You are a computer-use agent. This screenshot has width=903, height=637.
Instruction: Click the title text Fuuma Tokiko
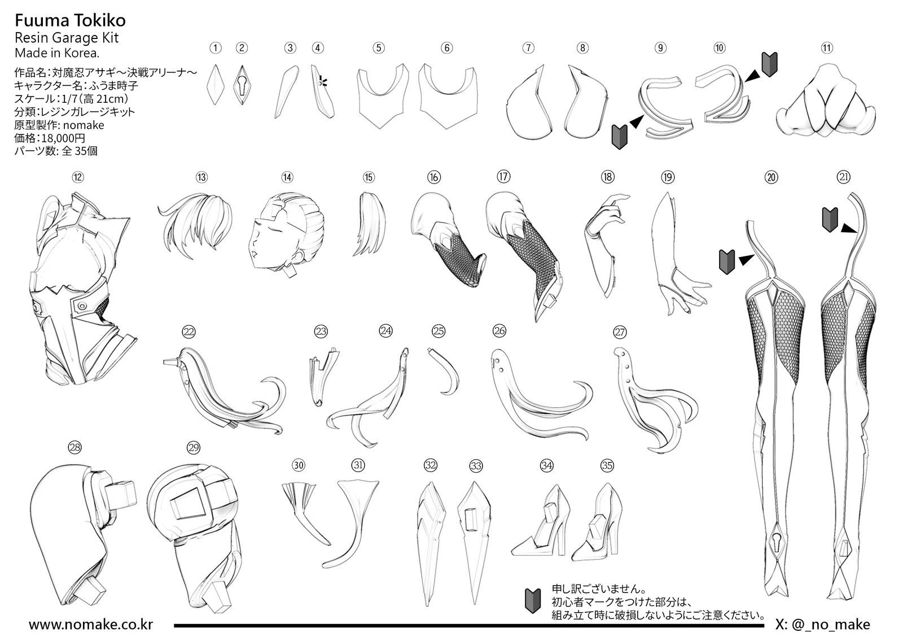70,20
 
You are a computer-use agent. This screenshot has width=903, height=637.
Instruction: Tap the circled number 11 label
827,48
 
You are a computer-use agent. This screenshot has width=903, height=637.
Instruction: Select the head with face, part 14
286,234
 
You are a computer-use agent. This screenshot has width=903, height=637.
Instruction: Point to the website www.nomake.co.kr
91,625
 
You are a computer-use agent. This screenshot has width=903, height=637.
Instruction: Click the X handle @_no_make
823,625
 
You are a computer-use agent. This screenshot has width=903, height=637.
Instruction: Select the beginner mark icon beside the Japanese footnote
533,600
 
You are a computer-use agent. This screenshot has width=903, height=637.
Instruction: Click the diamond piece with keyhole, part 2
242,85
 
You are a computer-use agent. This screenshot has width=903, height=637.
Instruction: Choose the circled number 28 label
75,447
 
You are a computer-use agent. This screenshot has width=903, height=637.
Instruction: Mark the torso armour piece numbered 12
81,289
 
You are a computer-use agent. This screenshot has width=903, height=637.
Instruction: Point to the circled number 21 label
843,177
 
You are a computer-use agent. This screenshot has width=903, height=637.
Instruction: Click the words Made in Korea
57,53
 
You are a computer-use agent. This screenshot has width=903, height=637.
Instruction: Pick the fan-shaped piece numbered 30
305,512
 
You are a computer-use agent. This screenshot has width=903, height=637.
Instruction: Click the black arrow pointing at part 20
747,259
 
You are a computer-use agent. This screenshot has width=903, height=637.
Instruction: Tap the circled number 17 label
503,176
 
